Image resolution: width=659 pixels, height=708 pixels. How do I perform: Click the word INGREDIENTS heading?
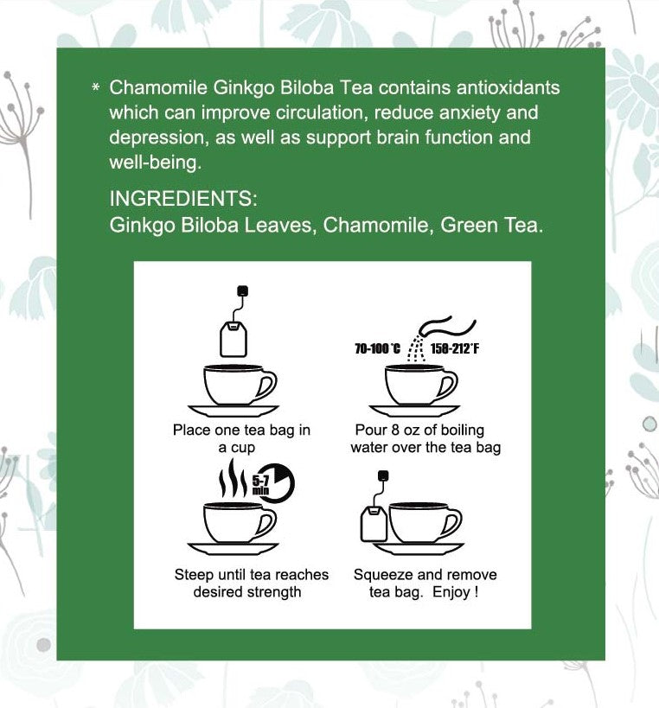click(183, 199)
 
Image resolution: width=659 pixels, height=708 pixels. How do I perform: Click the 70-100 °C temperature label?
click(377, 349)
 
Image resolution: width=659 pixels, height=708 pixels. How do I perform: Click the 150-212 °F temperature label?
click(455, 349)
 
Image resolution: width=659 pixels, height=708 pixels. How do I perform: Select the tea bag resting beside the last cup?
click(374, 523)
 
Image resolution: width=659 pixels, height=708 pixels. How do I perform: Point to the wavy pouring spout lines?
click(446, 328)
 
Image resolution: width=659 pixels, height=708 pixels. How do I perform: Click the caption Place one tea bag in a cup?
click(229, 439)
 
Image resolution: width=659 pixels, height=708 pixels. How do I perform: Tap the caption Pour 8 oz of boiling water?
click(425, 439)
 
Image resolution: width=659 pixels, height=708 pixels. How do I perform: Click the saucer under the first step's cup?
click(234, 411)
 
